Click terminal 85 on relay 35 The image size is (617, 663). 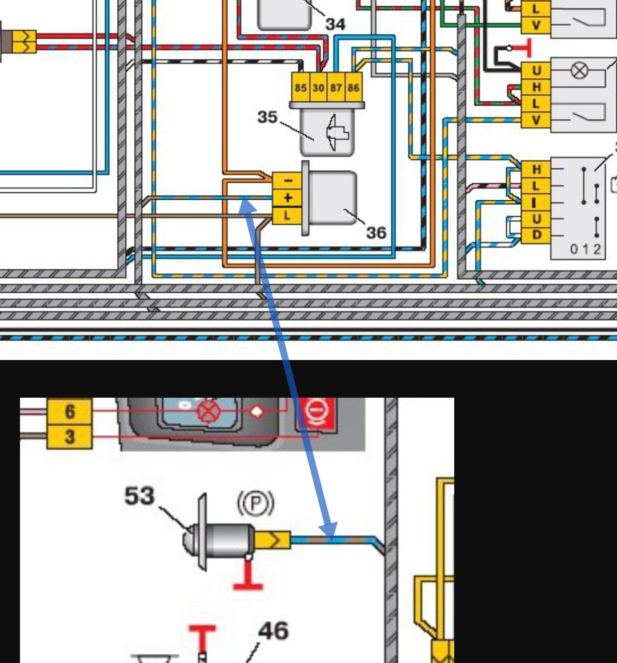coord(301,87)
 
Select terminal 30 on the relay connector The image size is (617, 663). coord(318,87)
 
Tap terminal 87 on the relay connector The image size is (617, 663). coord(336,87)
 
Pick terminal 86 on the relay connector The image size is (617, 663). coord(354,87)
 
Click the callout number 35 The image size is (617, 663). coord(267,117)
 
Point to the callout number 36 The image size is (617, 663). coord(376,233)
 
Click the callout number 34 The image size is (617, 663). coord(335,24)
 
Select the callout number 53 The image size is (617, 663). coord(139,496)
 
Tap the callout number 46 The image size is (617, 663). coord(274,631)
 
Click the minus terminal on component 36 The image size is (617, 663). coord(287,180)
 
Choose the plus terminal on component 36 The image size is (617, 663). coord(287,198)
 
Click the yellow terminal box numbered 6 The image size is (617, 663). coord(70,411)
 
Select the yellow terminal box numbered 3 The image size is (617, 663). coord(70,437)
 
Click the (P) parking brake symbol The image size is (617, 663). coord(256,503)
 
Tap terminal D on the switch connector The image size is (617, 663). coord(536,235)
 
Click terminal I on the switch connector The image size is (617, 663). coord(536,203)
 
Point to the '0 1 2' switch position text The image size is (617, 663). coord(586,249)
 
